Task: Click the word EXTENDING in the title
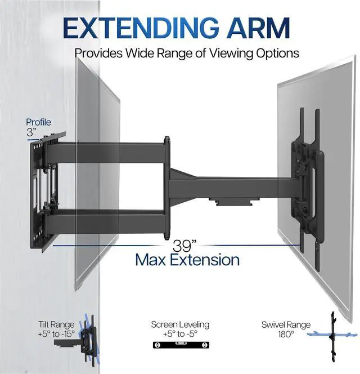click(x=138, y=28)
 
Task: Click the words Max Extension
click(x=187, y=260)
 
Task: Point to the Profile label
click(x=38, y=122)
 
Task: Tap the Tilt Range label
click(x=56, y=324)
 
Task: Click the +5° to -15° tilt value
click(x=56, y=333)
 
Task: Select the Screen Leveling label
click(x=180, y=324)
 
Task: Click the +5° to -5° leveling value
click(x=180, y=333)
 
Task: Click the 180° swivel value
click(x=285, y=334)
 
